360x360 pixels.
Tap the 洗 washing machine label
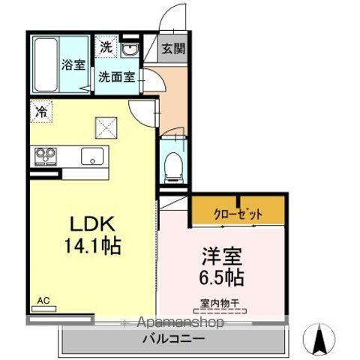click(x=106, y=48)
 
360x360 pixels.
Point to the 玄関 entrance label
click(x=173, y=51)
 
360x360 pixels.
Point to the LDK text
click(x=91, y=223)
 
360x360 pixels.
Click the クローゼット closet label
click(x=238, y=214)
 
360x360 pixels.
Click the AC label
click(x=43, y=299)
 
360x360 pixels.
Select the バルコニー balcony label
click(x=173, y=339)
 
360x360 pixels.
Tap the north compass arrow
click(x=319, y=340)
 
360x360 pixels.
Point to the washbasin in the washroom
click(x=130, y=50)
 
